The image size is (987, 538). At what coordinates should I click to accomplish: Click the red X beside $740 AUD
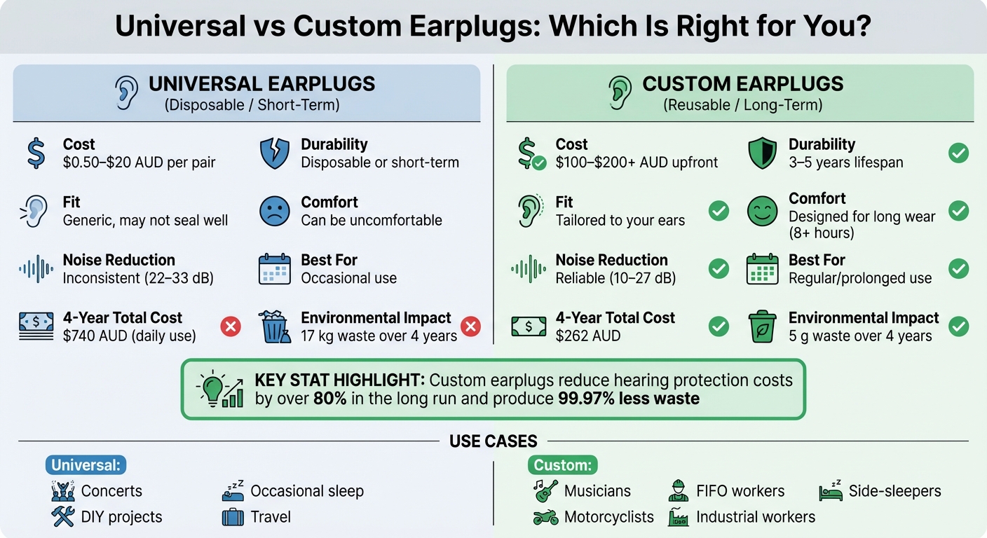tap(231, 326)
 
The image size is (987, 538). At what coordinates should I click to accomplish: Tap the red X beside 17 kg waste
tap(470, 326)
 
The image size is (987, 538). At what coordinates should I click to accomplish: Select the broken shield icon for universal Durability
tap(274, 153)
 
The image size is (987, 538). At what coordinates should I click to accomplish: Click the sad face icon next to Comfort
tap(274, 211)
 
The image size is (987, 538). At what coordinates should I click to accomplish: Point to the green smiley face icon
tap(762, 211)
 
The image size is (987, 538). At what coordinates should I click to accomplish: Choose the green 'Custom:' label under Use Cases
tap(561, 464)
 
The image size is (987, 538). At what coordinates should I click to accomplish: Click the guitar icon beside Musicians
tap(545, 490)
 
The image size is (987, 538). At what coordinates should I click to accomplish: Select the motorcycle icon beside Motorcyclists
tap(545, 517)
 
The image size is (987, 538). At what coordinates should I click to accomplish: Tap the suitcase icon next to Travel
tap(233, 518)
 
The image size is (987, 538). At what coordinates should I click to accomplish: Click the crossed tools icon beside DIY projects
tap(63, 517)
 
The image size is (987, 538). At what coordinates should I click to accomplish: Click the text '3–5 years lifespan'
tap(845, 163)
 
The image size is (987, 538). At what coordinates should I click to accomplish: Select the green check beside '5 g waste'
tap(958, 326)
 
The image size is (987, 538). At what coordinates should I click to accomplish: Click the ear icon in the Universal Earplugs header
tap(127, 92)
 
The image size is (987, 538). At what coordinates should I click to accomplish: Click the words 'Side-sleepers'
tap(894, 491)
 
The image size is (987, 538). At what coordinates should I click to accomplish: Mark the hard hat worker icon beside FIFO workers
tap(677, 490)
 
